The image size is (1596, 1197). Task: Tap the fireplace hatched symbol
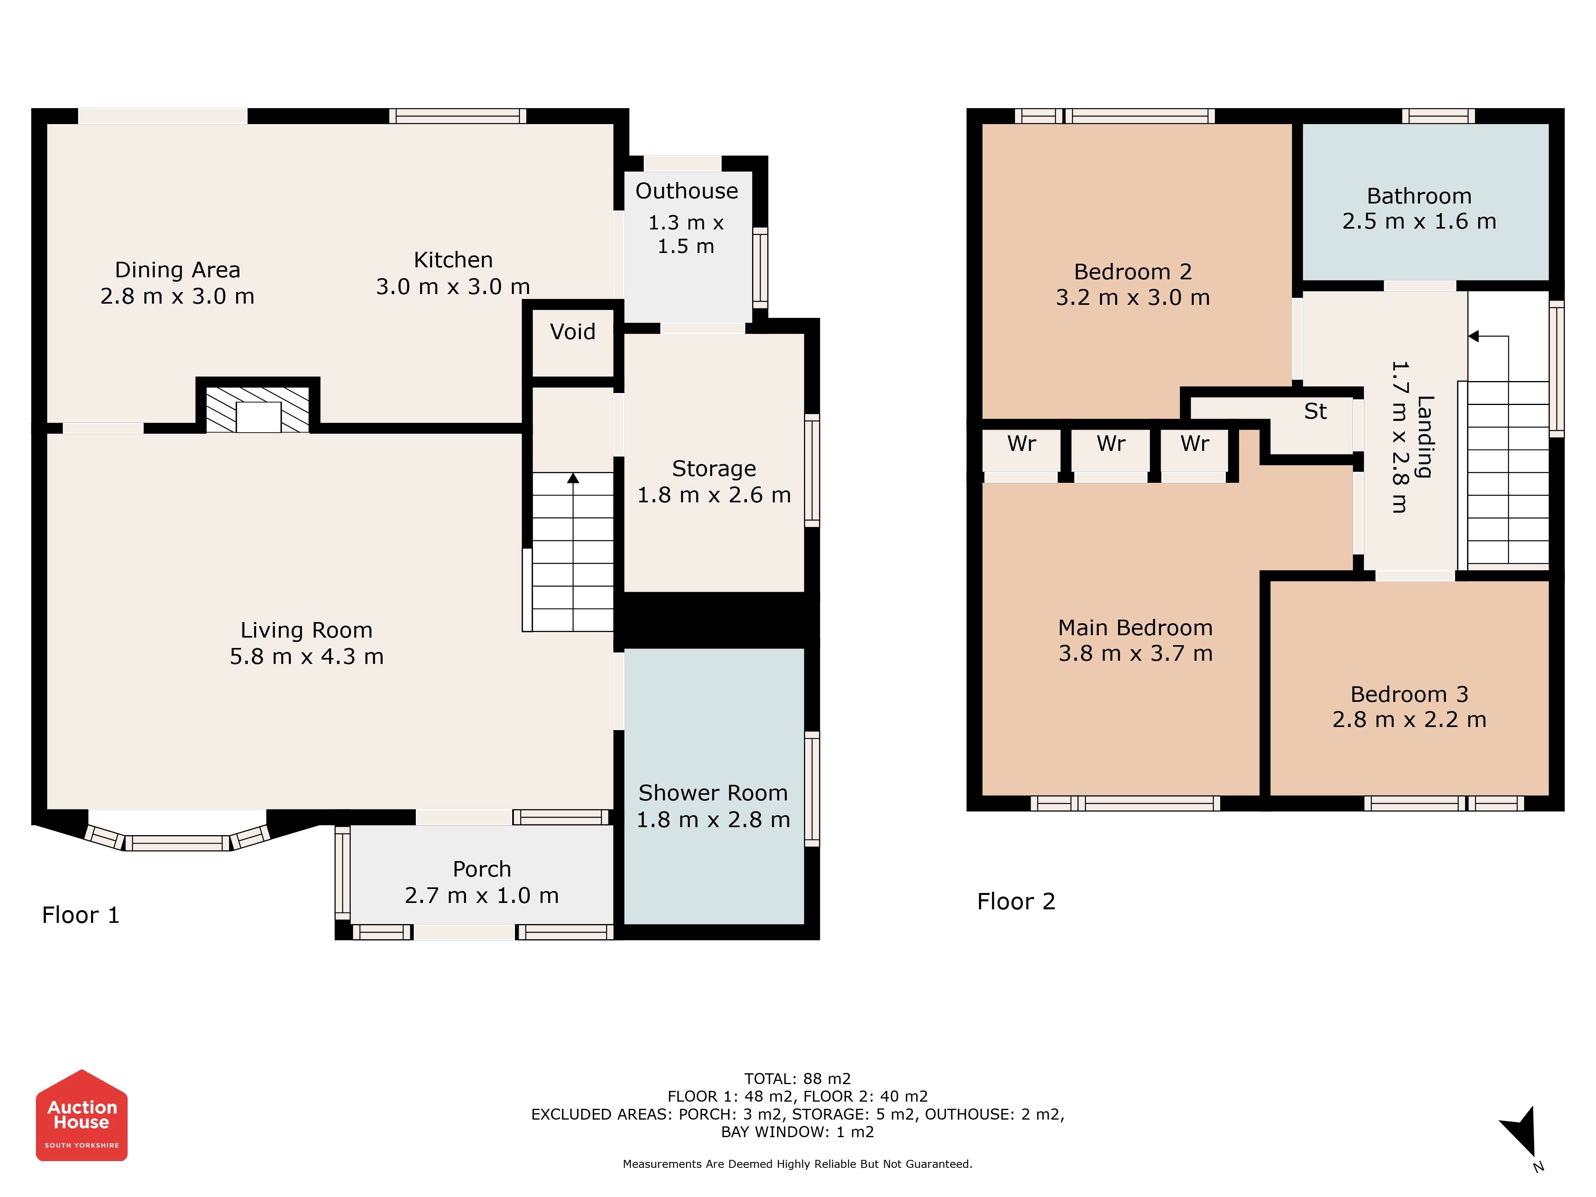[258, 409]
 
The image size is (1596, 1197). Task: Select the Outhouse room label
[686, 191]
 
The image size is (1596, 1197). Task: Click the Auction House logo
[81, 1115]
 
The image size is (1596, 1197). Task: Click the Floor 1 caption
[80, 915]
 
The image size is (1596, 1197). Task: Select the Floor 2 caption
[1016, 901]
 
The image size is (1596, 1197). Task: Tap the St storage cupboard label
[1316, 411]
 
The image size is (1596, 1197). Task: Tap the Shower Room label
[713, 793]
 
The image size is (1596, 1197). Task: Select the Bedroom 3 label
[1409, 694]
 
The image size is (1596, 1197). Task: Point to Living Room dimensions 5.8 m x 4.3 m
[307, 657]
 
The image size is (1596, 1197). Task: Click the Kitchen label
[453, 260]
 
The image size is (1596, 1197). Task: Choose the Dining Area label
[178, 270]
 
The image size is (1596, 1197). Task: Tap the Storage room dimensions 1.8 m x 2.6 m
[713, 495]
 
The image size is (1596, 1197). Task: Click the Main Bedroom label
[1135, 628]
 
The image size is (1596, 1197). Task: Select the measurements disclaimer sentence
[797, 1164]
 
